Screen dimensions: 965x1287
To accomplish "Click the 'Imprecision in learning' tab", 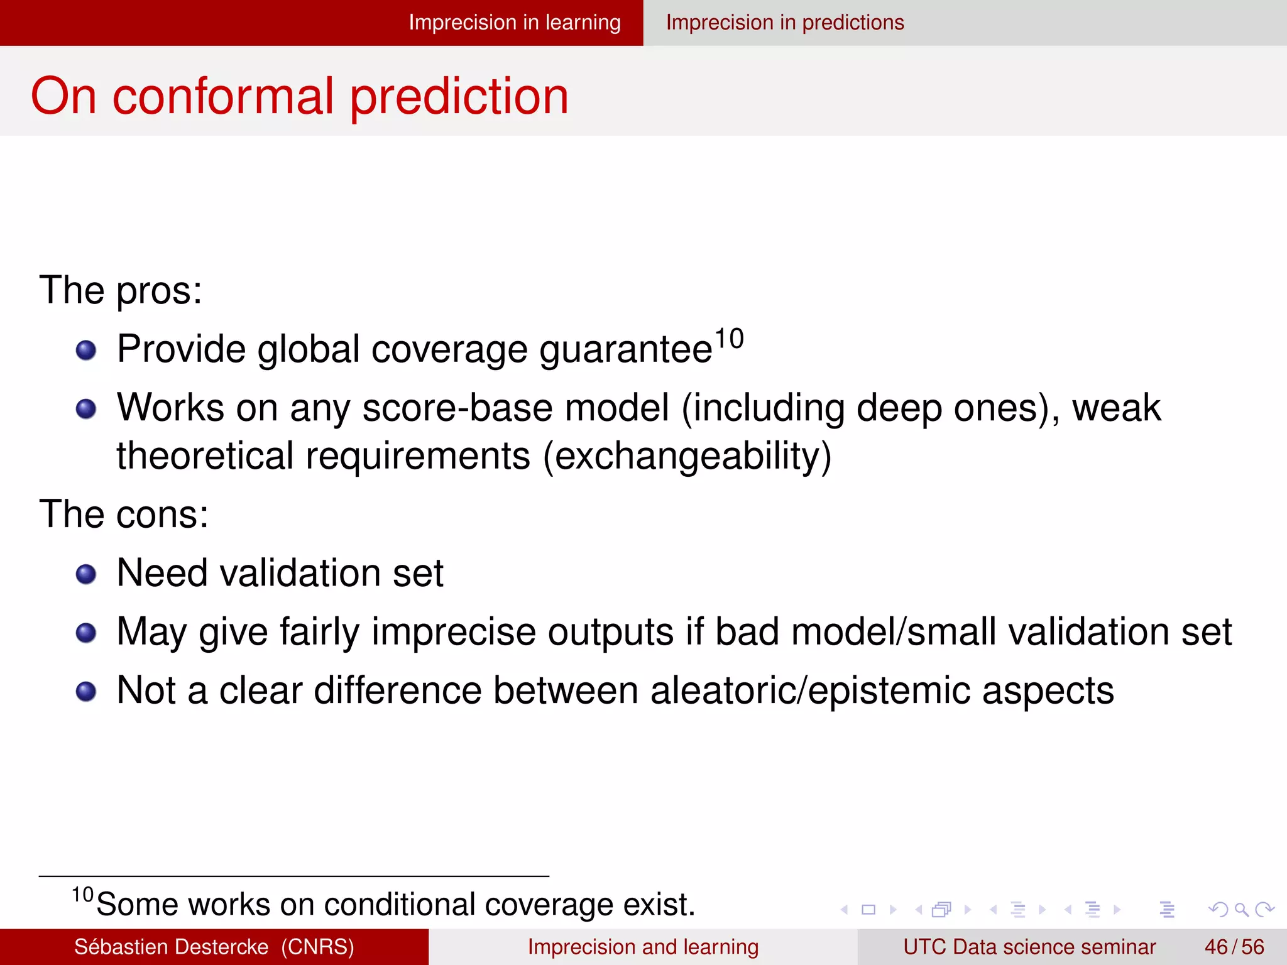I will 514,23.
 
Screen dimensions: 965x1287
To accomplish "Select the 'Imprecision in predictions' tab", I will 784,23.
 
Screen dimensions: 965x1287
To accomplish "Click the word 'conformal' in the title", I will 223,96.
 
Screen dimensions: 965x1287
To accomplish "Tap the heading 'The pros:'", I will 121,290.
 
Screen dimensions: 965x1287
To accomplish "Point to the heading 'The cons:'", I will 124,514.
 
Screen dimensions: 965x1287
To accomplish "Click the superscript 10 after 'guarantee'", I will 729,339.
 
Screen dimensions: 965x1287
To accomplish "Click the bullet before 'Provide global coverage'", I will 86,350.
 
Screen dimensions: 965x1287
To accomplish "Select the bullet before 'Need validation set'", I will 86,574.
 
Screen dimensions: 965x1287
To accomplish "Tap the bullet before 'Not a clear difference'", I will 86,691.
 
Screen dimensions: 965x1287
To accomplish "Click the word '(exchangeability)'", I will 687,456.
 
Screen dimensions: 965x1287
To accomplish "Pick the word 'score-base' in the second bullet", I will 457,408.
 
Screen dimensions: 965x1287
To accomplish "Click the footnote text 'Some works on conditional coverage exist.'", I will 396,905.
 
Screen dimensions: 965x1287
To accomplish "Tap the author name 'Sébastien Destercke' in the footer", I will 171,947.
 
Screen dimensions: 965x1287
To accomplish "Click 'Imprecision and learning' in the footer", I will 643,947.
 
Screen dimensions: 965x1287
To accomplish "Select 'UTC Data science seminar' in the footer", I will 1029,947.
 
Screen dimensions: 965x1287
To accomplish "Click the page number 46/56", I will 1234,947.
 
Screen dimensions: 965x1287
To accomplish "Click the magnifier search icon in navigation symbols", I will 1241,909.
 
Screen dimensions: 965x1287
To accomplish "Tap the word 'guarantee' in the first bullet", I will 625,350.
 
